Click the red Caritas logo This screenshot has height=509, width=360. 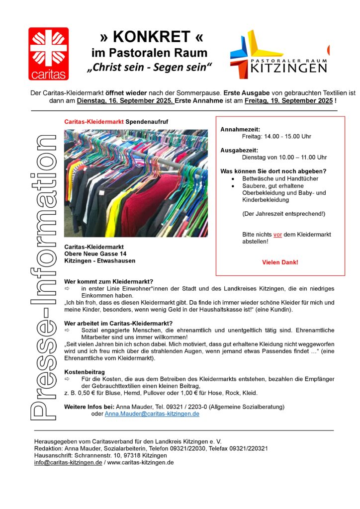click(48, 54)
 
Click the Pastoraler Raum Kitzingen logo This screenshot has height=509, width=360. click(278, 54)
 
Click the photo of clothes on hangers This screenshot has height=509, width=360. click(136, 183)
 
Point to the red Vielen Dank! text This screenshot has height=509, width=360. click(280, 262)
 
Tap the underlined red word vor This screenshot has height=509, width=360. click(277, 235)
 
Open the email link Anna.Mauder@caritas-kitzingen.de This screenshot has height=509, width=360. click(152, 414)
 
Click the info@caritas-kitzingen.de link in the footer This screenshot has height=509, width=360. click(68, 462)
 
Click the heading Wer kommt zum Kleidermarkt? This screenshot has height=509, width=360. click(109, 282)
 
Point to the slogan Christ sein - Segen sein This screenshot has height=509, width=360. click(149, 67)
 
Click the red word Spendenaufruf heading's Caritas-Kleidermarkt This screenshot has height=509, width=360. click(94, 121)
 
